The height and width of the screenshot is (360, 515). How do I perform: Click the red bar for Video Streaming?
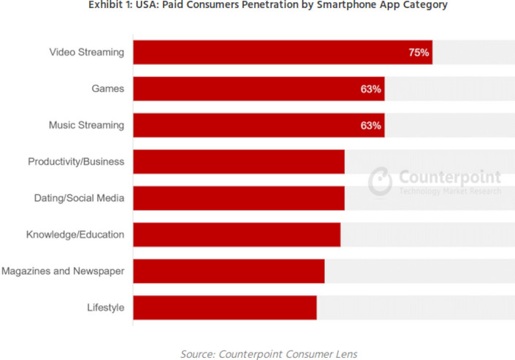point(282,53)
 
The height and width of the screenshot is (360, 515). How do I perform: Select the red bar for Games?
point(259,89)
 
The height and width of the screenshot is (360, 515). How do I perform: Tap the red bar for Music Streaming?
point(259,126)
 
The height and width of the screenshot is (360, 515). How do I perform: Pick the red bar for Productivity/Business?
point(238,162)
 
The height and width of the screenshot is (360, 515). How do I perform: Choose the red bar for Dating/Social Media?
point(238,199)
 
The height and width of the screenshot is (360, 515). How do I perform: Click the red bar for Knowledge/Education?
point(237,235)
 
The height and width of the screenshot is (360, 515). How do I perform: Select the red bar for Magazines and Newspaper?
point(229,272)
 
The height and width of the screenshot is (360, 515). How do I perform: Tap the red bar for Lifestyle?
point(224,308)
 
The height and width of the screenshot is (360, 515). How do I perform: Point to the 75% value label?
point(419,53)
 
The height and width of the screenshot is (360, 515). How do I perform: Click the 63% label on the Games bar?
point(370,89)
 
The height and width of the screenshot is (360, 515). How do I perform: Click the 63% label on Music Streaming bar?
point(370,126)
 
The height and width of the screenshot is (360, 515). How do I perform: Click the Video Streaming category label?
point(86,53)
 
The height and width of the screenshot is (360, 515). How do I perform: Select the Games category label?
point(108,89)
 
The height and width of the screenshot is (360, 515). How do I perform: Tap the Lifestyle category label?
point(105,308)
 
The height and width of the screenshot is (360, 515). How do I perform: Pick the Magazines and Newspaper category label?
point(63,272)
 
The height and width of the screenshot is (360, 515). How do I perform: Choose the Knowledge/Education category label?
point(75,235)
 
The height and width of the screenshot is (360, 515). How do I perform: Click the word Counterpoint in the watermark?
point(449,177)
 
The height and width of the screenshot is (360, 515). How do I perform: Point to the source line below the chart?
point(269,353)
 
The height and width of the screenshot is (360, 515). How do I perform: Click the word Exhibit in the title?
point(108,5)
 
